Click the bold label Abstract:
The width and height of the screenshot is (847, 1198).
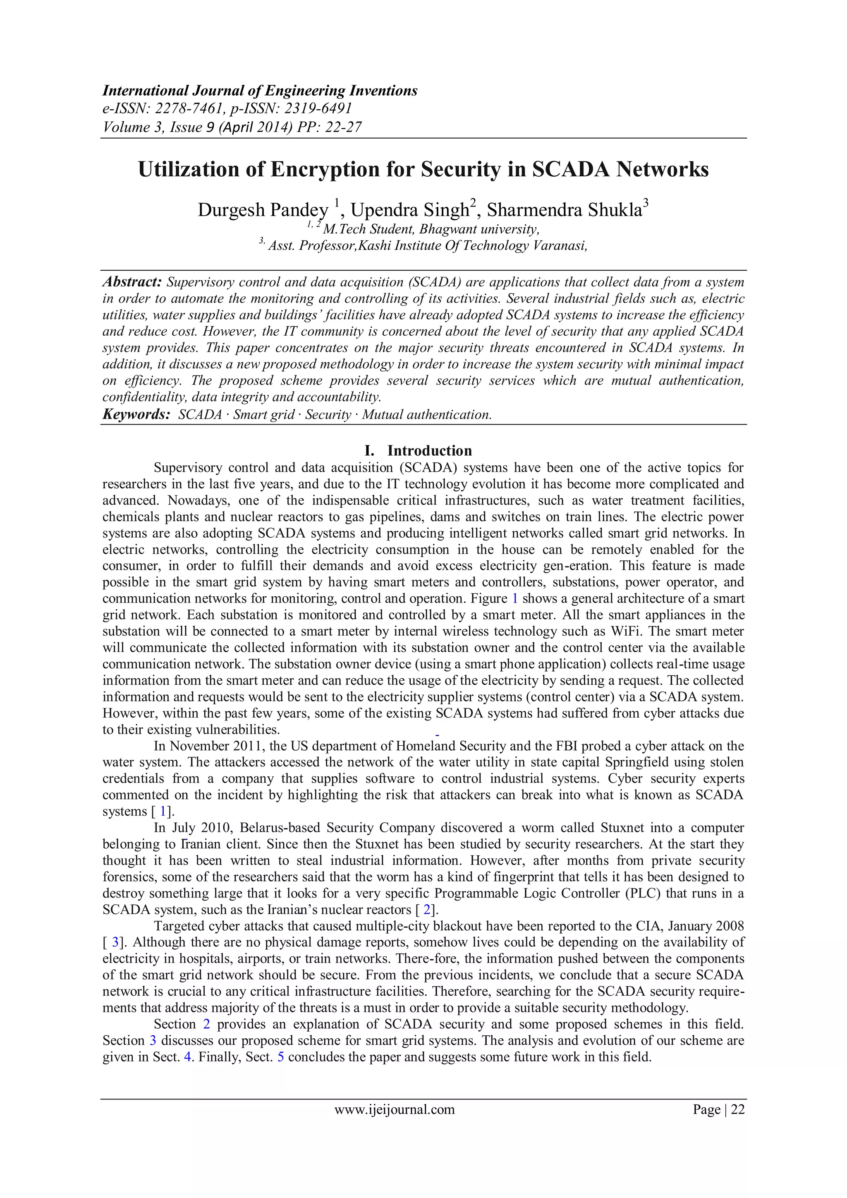coord(132,282)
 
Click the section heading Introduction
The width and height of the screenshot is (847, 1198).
coord(429,450)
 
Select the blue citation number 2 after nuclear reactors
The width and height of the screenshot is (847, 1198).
coord(427,910)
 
